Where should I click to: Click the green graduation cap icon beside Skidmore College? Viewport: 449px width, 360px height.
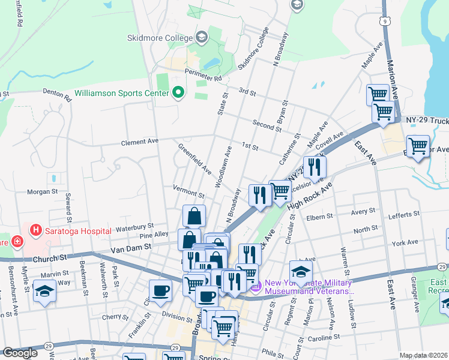point(201,37)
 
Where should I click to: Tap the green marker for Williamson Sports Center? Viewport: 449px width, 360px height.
point(178,93)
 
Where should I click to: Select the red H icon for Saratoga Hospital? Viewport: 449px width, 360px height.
point(36,230)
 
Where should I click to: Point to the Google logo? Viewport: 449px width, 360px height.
point(20,353)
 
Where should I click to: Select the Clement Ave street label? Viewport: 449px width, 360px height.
point(139,142)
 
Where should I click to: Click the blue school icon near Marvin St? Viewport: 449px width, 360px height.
point(44,292)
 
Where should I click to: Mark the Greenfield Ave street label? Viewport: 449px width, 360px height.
point(194,158)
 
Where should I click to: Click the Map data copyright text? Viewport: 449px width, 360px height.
point(423,355)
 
